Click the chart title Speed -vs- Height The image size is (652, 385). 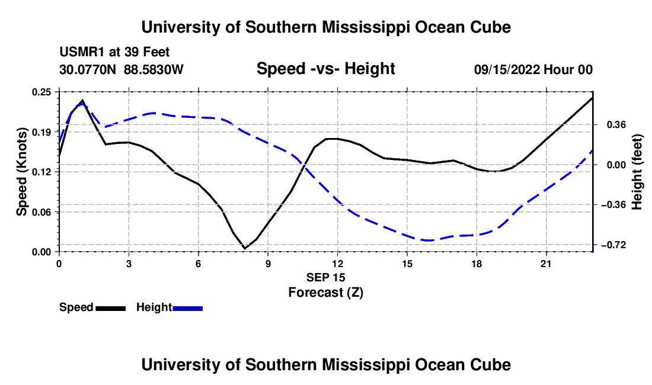click(325, 69)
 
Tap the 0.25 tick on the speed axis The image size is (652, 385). click(41, 92)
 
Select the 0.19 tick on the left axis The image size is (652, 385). click(41, 132)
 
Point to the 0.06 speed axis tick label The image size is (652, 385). click(41, 212)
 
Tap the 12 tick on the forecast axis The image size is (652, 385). click(338, 264)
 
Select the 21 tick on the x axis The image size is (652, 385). click(546, 264)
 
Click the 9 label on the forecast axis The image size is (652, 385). click(268, 264)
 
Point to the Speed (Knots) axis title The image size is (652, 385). click(21, 172)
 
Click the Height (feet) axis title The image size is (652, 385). click(637, 172)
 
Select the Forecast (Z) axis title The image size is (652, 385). click(325, 293)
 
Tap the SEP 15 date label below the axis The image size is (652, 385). click(325, 277)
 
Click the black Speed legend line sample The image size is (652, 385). click(110, 309)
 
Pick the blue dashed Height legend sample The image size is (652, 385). click(187, 309)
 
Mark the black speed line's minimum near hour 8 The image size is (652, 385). click(244, 248)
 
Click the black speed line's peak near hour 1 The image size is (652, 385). click(82, 100)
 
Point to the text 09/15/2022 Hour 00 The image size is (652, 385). click(533, 69)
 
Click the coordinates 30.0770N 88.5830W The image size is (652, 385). click(121, 69)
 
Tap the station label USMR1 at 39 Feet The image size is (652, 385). click(114, 52)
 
